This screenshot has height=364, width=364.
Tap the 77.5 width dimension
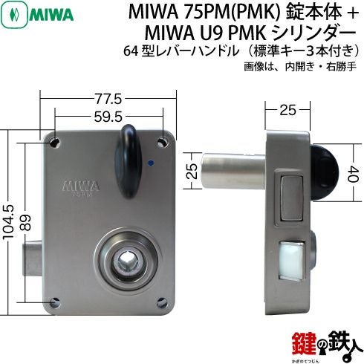[108, 100]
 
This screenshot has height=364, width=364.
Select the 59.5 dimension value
[108, 117]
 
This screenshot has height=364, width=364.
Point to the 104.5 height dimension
[8, 223]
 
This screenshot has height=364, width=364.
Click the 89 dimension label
[25, 223]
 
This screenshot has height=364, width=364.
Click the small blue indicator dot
[150, 163]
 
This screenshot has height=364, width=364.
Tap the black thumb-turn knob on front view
[128, 161]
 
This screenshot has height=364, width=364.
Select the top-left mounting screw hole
[55, 143]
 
